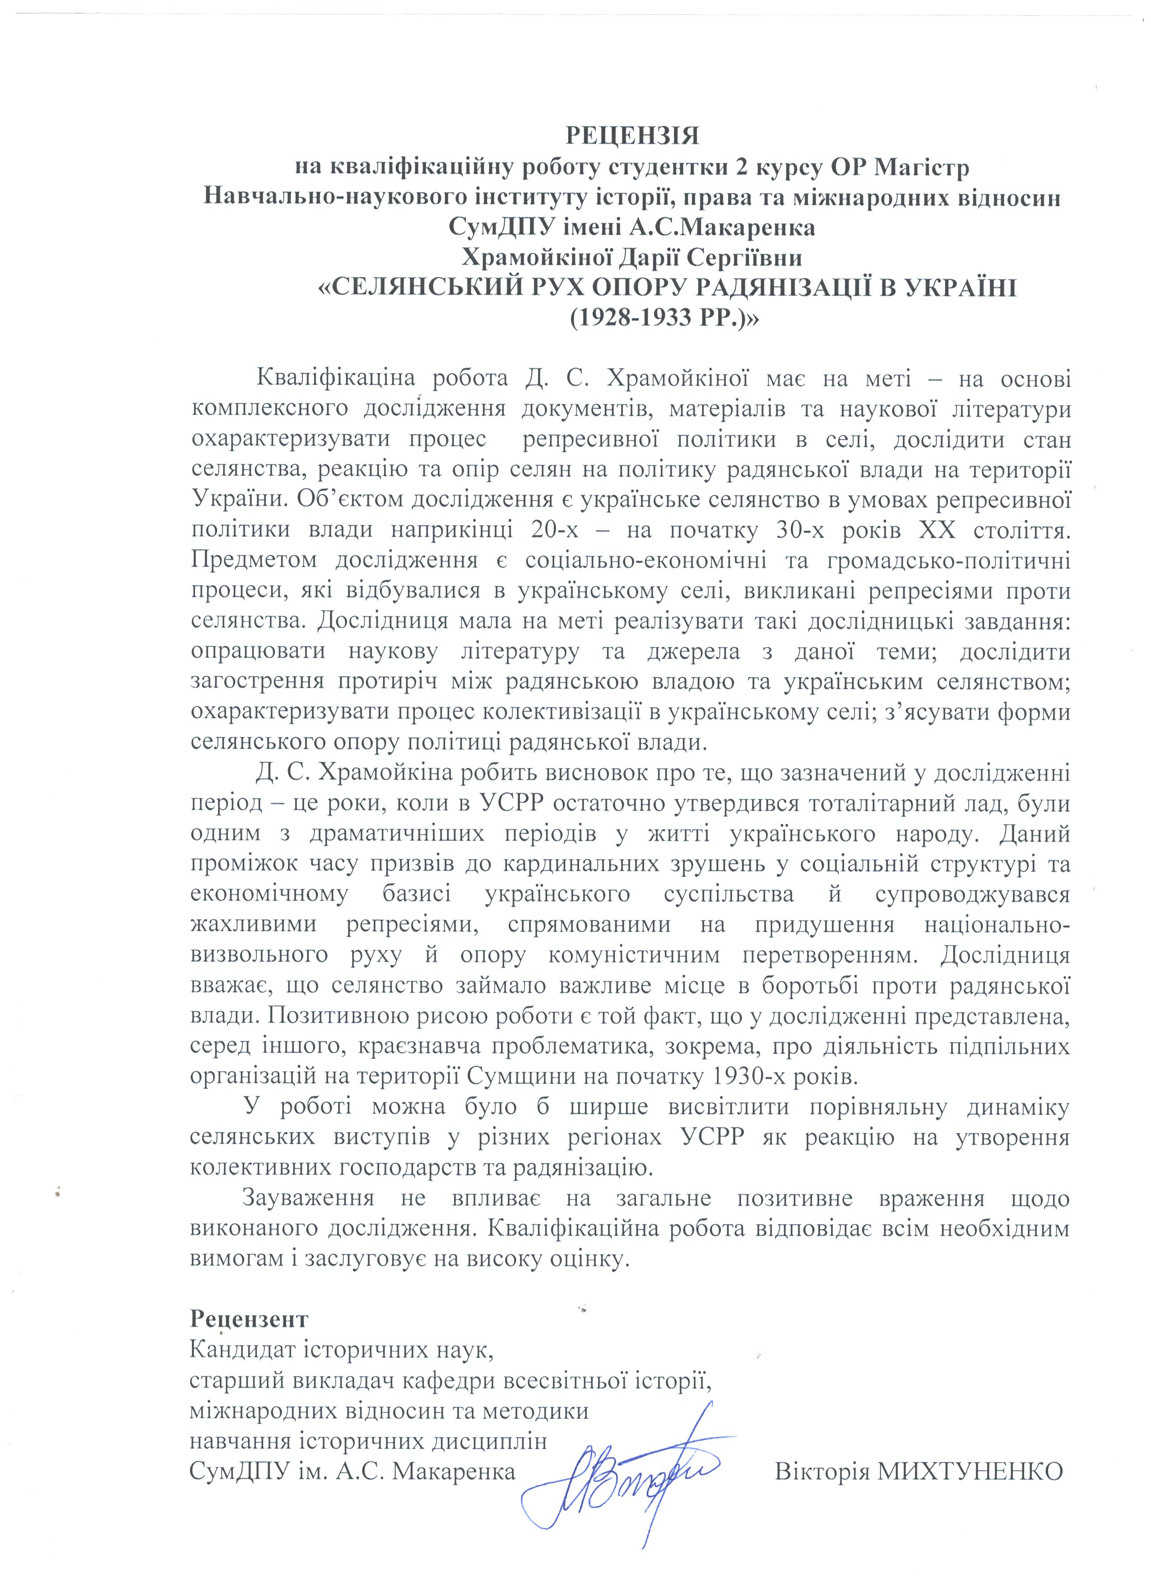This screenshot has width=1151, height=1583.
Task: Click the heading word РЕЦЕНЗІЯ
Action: (631, 136)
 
